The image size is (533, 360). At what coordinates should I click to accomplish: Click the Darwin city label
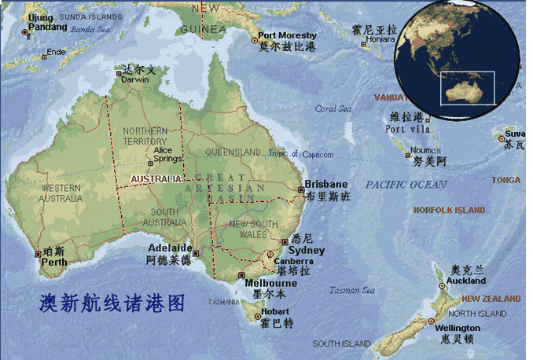coord(135,79)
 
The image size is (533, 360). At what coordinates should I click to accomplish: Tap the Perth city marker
coord(37,253)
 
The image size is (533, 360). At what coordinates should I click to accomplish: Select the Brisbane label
coord(325,184)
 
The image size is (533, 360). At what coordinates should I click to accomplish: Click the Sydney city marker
coord(284,242)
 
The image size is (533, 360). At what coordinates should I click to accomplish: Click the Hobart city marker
coord(255,317)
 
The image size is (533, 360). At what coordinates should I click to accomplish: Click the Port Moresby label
coord(287,35)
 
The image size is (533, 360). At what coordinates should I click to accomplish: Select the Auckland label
coord(466,281)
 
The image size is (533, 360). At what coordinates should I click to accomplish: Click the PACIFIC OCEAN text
coord(406,185)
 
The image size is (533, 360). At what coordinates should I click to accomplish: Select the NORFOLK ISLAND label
coord(449,210)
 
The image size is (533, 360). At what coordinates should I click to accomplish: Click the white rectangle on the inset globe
coord(467,88)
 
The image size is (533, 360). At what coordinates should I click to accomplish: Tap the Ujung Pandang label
coord(47,22)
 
